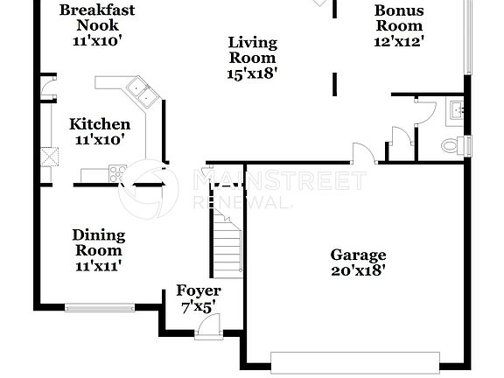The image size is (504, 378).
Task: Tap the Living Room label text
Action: pyautogui.click(x=253, y=50)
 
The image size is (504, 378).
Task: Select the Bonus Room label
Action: pyautogui.click(x=399, y=18)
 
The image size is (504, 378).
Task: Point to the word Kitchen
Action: pyautogui.click(x=100, y=124)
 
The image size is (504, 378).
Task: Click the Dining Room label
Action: pyautogui.click(x=98, y=242)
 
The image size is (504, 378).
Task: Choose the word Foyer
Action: pyautogui.click(x=199, y=290)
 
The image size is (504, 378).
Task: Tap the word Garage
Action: pyautogui.click(x=358, y=255)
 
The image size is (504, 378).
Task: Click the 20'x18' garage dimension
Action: pyautogui.click(x=358, y=271)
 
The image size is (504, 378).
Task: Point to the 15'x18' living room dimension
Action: pyautogui.click(x=253, y=74)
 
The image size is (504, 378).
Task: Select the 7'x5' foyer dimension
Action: pyautogui.click(x=198, y=306)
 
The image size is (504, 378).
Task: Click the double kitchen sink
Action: pyautogui.click(x=139, y=87)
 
